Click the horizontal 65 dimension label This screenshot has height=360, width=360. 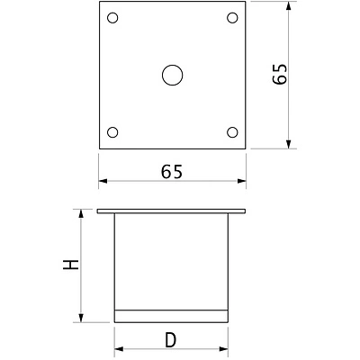click(x=172, y=172)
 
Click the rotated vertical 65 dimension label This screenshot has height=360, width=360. click(x=280, y=74)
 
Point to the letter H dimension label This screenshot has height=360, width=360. click(x=71, y=265)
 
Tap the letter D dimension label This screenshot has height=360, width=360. click(x=171, y=340)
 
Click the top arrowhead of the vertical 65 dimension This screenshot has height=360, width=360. click(x=289, y=6)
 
